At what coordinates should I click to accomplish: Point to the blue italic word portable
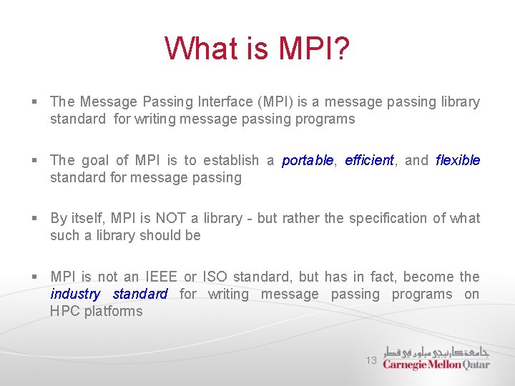click(x=308, y=161)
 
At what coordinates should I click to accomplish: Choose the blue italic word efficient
click(x=369, y=161)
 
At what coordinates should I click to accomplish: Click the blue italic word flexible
click(x=458, y=161)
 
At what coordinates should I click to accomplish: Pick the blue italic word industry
click(x=75, y=295)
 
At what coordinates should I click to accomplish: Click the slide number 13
click(x=371, y=361)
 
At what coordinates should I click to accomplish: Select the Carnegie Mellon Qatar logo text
click(x=436, y=365)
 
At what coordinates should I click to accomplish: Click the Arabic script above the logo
click(x=436, y=351)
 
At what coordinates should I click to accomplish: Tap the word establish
click(x=231, y=161)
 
